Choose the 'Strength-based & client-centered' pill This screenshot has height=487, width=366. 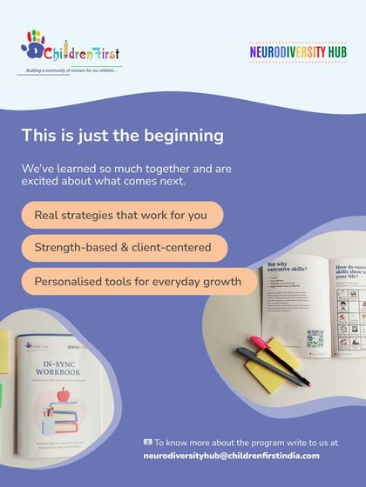coord(123,248)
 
